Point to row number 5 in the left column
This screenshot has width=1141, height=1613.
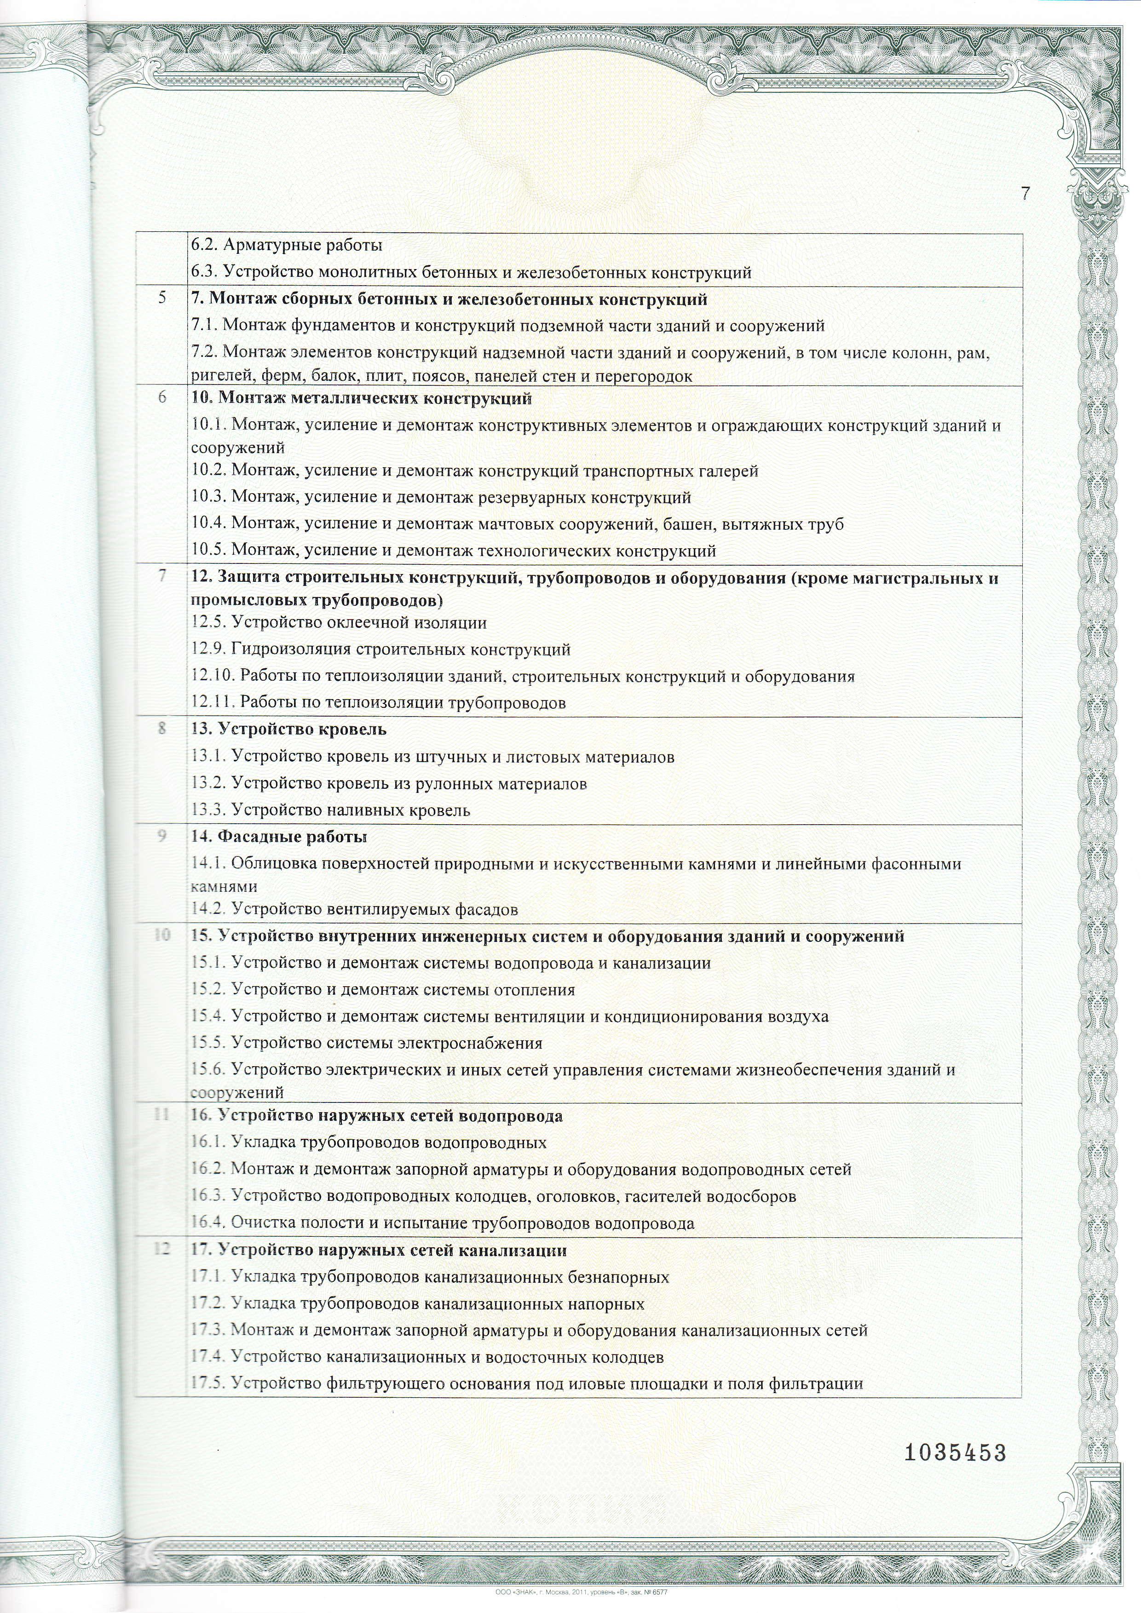coord(162,298)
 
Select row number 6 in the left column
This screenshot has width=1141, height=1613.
coord(162,398)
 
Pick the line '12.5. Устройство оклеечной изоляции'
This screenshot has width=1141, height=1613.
coord(339,622)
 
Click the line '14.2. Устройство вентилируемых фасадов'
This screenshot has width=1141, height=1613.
coord(354,910)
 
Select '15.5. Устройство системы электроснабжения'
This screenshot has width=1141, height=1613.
coord(366,1043)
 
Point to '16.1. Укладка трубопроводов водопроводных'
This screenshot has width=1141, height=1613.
coord(368,1143)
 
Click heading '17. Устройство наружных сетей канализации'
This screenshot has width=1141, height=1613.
coord(379,1251)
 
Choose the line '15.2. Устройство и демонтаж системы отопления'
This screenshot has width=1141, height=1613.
coord(383,990)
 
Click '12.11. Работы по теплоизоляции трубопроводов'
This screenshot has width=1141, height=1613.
coord(378,702)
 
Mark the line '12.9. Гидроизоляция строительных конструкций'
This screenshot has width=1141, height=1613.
coord(380,649)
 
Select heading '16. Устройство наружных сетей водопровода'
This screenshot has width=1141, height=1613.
coord(377,1116)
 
